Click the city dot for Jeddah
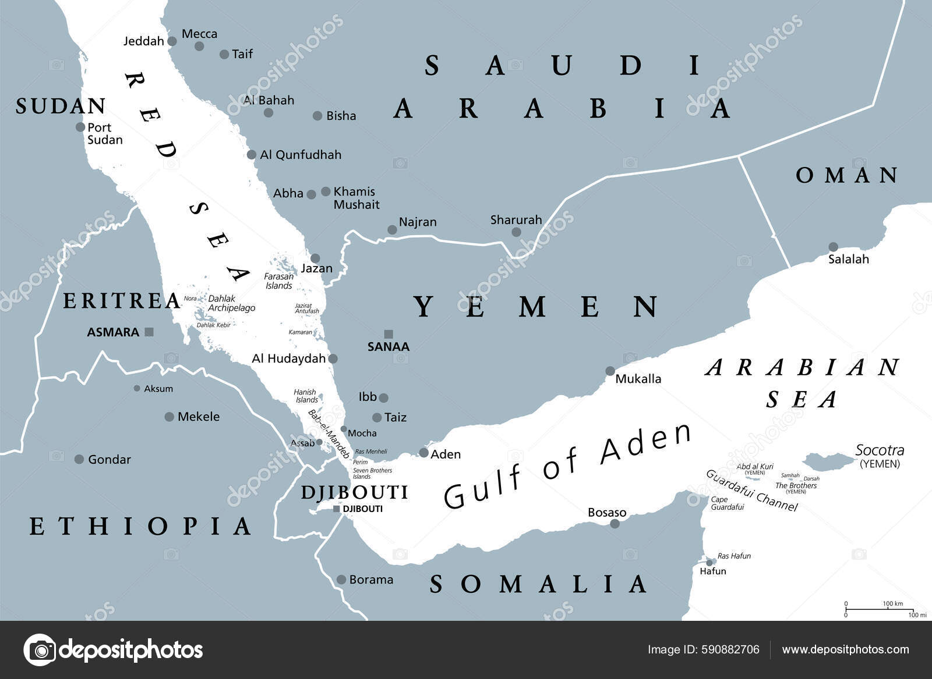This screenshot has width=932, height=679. pyautogui.click(x=172, y=41)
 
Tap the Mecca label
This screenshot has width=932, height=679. pyautogui.click(x=199, y=34)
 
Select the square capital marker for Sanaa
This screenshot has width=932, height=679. pyautogui.click(x=389, y=334)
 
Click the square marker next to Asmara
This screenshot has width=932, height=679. pyautogui.click(x=149, y=332)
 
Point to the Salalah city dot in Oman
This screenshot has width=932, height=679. pyautogui.click(x=833, y=247)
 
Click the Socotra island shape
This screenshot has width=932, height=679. pyautogui.click(x=827, y=461)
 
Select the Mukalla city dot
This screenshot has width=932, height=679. pyautogui.click(x=610, y=371)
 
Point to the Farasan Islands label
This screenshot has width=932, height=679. pyautogui.click(x=278, y=281)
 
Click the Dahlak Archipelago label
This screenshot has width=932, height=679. pyautogui.click(x=231, y=303)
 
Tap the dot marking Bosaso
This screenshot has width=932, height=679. pyautogui.click(x=615, y=524)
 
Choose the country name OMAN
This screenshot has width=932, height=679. pyautogui.click(x=847, y=175)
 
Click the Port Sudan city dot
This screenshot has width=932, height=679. pyautogui.click(x=80, y=127)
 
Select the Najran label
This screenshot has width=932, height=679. pyautogui.click(x=418, y=222)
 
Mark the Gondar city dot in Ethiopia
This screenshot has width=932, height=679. pyautogui.click(x=79, y=460)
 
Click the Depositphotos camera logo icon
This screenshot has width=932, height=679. pyautogui.click(x=40, y=649)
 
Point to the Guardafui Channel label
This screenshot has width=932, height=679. pyautogui.click(x=751, y=490)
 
